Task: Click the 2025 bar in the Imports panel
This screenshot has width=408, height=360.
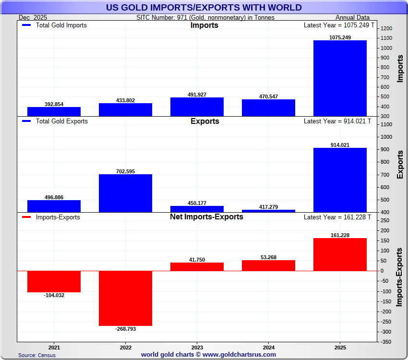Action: [340, 78]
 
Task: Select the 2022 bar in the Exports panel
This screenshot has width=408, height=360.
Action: [125, 193]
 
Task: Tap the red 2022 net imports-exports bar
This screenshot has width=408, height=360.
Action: [125, 298]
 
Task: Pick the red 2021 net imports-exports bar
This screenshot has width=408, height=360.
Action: [54, 281]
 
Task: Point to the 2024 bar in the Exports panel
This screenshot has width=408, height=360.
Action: [268, 211]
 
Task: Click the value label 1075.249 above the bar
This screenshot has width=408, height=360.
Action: [340, 37]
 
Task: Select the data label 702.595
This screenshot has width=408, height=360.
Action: [125, 171]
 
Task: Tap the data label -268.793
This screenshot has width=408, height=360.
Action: [125, 329]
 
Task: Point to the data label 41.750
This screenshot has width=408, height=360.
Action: [197, 260]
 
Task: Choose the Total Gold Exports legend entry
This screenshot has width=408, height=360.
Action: [55, 121]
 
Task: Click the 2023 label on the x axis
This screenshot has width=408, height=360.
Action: [197, 347]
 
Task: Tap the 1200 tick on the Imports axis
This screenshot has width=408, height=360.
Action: [386, 28]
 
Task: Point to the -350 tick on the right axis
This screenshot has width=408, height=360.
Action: [386, 342]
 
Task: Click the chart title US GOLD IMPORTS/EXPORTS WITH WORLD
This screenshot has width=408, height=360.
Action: [204, 7]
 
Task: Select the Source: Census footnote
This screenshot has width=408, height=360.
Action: [37, 355]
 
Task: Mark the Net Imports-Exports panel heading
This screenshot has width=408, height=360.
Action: [206, 217]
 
